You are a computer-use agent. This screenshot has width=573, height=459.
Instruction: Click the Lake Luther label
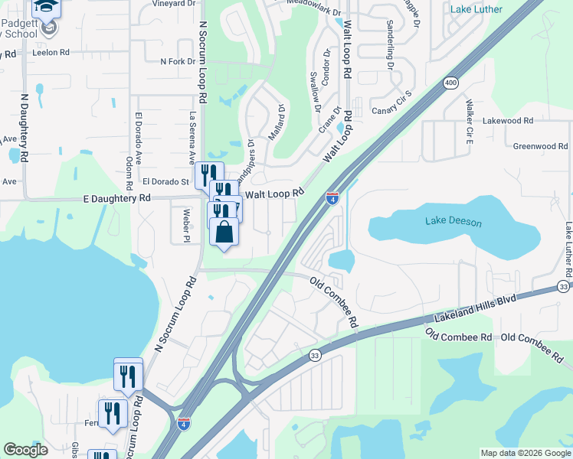[476, 9]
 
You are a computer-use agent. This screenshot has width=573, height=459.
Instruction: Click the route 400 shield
[450, 82]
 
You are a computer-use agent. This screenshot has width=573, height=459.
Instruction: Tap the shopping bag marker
[224, 230]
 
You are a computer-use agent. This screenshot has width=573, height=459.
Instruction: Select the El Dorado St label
[165, 182]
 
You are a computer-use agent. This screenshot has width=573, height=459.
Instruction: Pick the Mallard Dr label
[280, 122]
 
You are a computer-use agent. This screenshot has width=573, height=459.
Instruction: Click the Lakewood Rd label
[507, 121]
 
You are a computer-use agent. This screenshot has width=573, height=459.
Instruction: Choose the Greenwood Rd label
[540, 146]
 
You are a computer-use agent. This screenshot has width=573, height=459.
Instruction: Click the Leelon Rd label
[51, 54]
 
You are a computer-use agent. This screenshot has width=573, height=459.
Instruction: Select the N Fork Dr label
[178, 61]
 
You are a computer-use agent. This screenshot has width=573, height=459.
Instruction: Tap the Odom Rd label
[126, 172]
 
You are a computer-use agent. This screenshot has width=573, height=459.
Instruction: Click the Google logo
[26, 450]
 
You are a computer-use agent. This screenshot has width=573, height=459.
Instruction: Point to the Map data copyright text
[525, 453]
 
